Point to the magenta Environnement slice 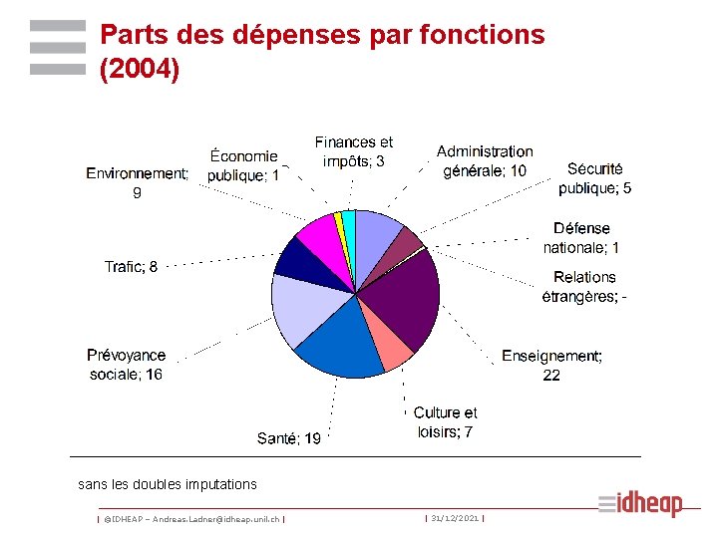(320, 235)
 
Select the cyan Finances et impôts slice (349, 225)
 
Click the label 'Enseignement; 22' (551, 365)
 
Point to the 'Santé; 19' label (289, 438)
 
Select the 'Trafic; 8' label (131, 266)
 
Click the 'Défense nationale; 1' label (581, 237)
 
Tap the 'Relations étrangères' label (584, 286)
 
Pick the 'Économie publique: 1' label (243, 165)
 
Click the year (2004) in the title (140, 71)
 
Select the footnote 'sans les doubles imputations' (168, 484)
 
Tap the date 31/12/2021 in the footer (455, 518)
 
